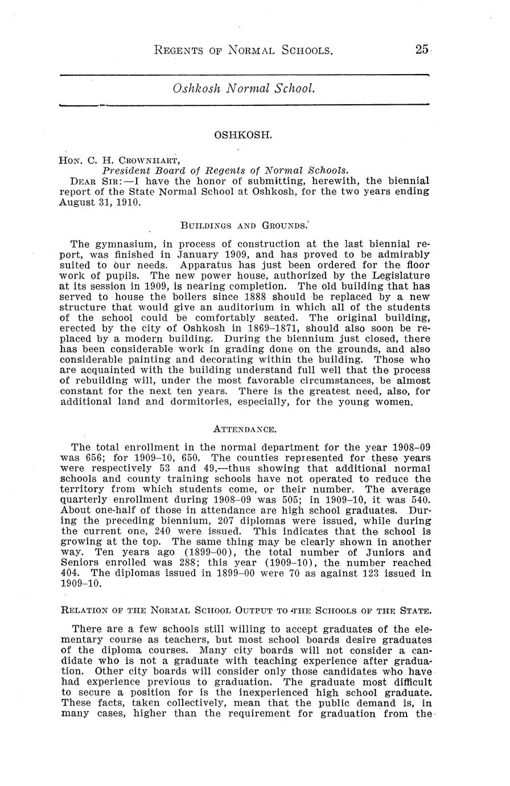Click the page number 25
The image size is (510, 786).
421,50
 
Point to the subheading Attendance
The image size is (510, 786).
244,428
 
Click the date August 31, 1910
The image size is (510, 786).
100,202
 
